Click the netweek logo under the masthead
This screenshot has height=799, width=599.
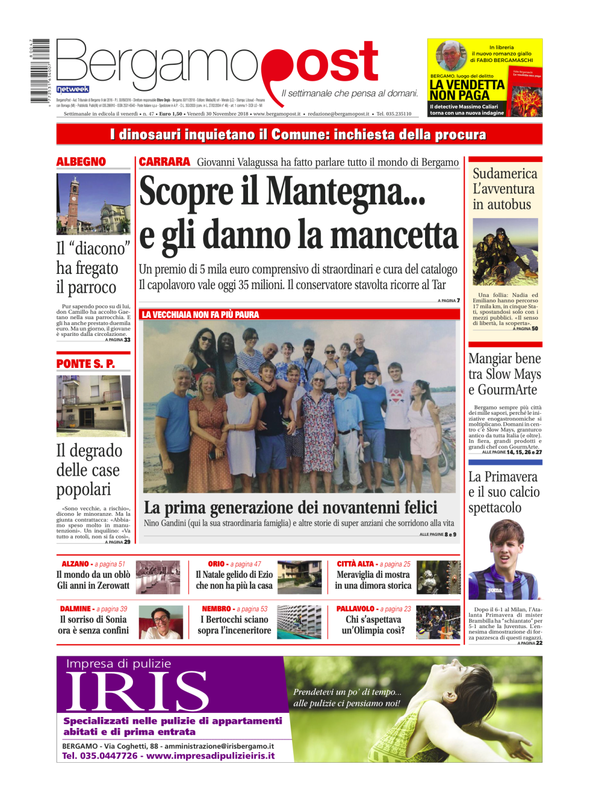click(x=73, y=89)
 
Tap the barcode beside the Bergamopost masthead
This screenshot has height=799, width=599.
click(x=40, y=70)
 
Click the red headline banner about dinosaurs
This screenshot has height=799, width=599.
click(x=299, y=135)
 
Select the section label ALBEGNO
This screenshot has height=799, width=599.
click(x=81, y=162)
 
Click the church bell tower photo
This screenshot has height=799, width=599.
click(x=93, y=204)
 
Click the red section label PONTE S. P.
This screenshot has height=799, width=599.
click(x=86, y=364)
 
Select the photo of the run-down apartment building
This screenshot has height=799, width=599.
click(x=93, y=406)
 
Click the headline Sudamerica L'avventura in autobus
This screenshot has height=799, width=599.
click(x=504, y=189)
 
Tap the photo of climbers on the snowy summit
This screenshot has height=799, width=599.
click(x=505, y=252)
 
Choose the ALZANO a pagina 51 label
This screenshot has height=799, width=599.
click(x=93, y=564)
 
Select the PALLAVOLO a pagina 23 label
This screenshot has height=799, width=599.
click(x=373, y=609)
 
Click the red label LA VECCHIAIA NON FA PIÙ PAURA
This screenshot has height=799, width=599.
click(x=200, y=315)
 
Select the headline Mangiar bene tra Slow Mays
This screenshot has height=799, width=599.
click(x=504, y=374)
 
